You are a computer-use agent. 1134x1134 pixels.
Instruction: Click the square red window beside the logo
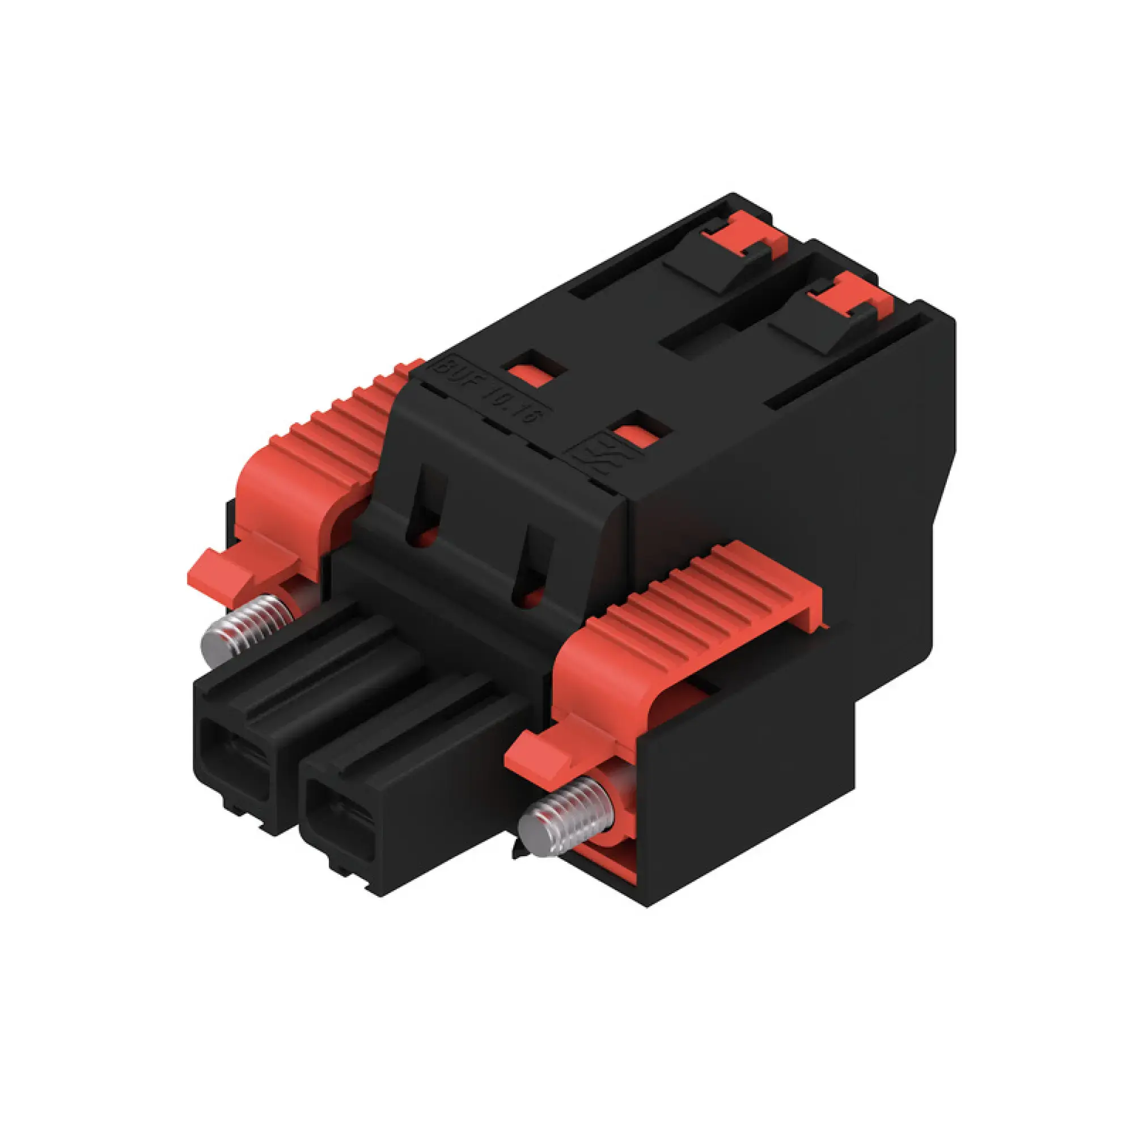[636, 435]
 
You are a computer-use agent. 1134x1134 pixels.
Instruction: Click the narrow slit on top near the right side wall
[845, 361]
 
